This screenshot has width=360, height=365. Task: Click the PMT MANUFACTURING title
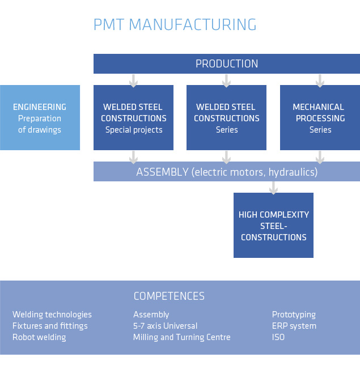tap(175, 25)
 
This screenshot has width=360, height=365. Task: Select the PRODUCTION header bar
tap(227, 64)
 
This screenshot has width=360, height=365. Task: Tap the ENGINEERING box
tap(40, 117)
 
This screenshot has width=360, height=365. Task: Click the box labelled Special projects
tap(133, 117)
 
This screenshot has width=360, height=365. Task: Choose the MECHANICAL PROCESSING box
tap(320, 117)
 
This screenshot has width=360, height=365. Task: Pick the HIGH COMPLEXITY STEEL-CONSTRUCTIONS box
tap(273, 225)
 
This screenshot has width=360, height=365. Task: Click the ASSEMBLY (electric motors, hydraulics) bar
tap(227, 172)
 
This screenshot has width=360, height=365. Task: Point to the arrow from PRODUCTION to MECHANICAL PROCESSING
tap(320, 81)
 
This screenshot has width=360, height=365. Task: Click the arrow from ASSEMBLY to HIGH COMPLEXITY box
tap(273, 188)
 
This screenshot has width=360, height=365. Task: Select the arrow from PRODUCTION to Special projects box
tap(133, 81)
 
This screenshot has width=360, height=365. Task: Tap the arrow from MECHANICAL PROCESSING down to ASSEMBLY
tap(320, 158)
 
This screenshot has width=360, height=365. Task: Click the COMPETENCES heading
tap(169, 296)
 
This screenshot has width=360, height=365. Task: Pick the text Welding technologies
tap(52, 315)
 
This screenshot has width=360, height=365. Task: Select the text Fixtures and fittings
tap(50, 326)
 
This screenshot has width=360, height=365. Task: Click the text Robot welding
tap(39, 337)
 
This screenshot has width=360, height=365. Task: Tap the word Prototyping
tap(294, 315)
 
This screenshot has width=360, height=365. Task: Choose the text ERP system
tap(294, 326)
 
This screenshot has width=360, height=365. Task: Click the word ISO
tap(278, 337)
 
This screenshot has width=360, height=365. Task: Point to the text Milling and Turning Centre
tap(182, 337)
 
